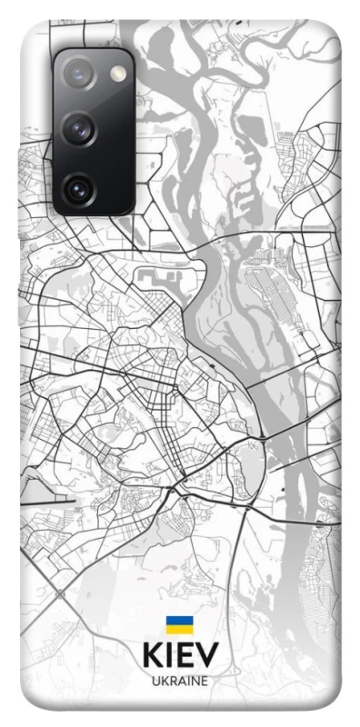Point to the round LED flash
pos(116,72)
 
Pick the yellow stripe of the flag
pos(178,630)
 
